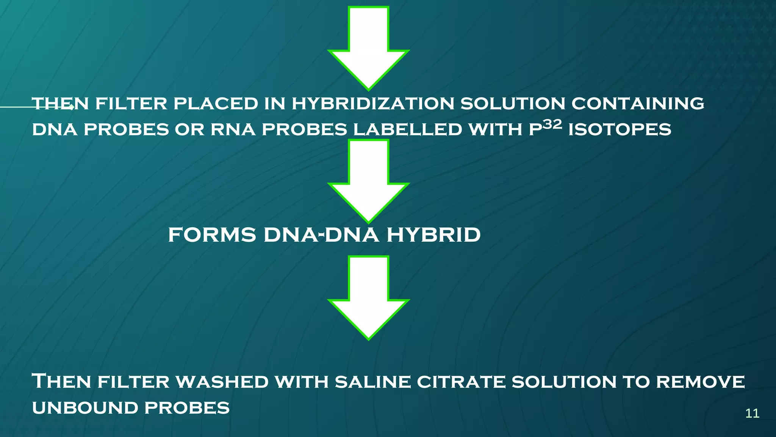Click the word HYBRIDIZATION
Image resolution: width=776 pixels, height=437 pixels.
tap(373, 104)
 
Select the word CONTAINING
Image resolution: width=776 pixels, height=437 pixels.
tap(638, 104)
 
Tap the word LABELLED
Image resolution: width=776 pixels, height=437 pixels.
tap(407, 130)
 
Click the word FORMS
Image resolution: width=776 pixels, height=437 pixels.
tap(212, 235)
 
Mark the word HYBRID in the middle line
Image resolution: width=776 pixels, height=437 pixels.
tap(433, 235)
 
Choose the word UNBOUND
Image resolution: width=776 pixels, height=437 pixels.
tap(85, 408)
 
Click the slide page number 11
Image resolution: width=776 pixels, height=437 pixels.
tap(752, 413)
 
